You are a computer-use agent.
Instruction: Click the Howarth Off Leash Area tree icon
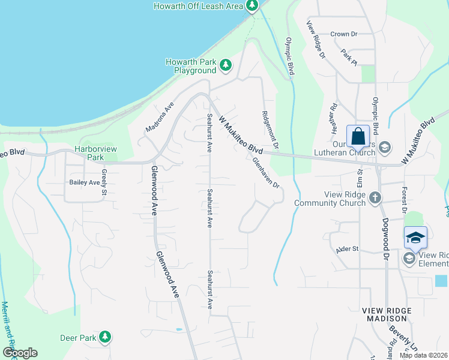tap(252, 6)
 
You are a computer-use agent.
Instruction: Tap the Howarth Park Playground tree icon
tap(226, 65)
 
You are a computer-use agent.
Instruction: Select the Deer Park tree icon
tap(106, 337)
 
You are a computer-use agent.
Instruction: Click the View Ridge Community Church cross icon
tap(375, 197)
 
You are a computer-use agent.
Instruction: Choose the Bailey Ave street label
tap(83, 182)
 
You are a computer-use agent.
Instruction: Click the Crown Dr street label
tap(344, 34)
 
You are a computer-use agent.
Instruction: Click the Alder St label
tap(348, 248)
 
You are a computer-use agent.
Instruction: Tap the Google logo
tap(20, 353)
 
